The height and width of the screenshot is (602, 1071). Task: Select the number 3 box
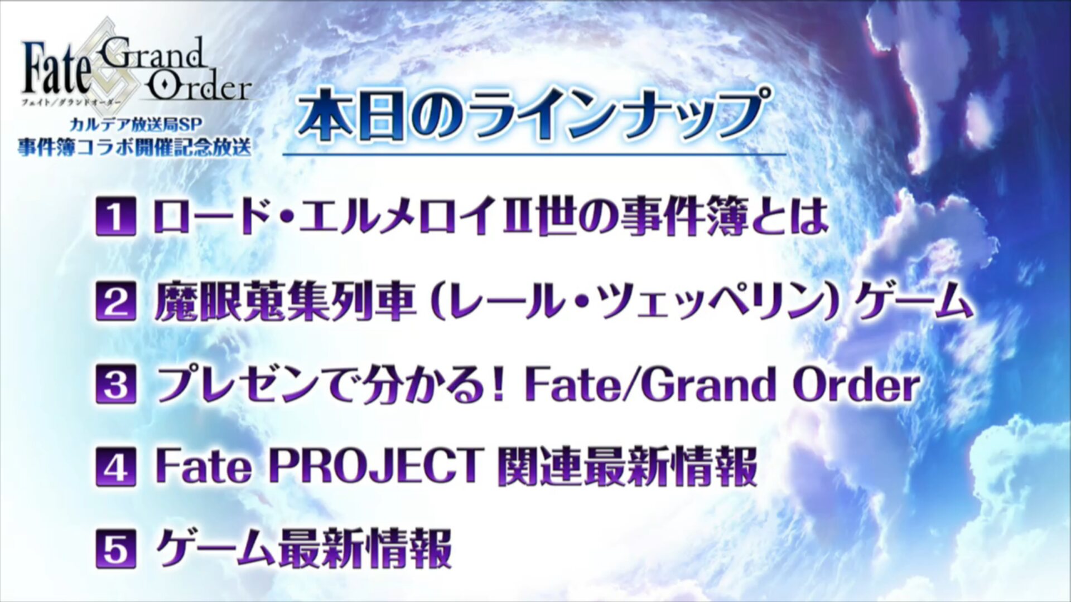[115, 384]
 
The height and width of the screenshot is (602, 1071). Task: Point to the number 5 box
[115, 549]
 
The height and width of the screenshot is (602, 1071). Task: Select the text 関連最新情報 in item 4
[628, 467]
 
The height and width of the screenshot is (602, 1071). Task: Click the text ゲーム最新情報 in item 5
[303, 549]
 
